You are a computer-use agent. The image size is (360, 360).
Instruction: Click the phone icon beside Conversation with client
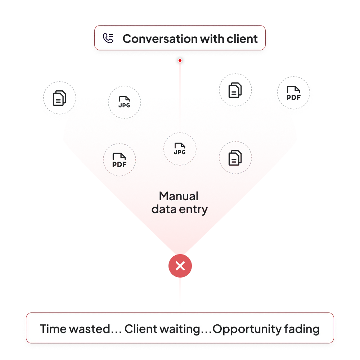coord(108,38)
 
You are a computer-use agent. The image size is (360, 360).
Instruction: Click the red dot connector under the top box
coord(180,60)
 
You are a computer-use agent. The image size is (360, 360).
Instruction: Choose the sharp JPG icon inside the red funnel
coord(180,148)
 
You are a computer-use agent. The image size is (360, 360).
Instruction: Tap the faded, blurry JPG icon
coord(125,102)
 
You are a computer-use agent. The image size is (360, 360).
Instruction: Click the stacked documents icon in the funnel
coord(235,158)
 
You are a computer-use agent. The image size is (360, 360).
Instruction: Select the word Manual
coord(179,196)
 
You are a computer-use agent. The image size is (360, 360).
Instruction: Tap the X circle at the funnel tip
coord(180,266)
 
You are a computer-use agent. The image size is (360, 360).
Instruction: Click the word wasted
coord(95,329)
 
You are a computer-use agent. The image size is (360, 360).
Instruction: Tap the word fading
coord(304,329)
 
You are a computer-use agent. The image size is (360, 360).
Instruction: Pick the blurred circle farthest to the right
coord(293,93)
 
